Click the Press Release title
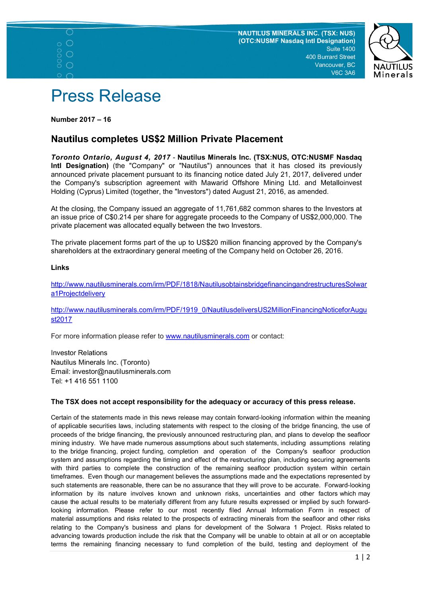coord(106,96)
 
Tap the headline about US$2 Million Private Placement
coord(167,139)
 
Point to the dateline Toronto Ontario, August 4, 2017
coord(111,158)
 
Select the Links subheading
coord(60,268)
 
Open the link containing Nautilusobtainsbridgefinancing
coord(209,285)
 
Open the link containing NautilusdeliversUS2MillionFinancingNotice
coord(209,310)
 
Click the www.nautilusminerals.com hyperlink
coord(207,336)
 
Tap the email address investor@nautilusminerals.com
coord(121,371)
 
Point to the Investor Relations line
coord(79,353)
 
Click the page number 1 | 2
coord(363,557)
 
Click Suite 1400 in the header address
coord(341,49)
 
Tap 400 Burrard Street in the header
coord(330,57)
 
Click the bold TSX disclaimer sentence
coord(203,402)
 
